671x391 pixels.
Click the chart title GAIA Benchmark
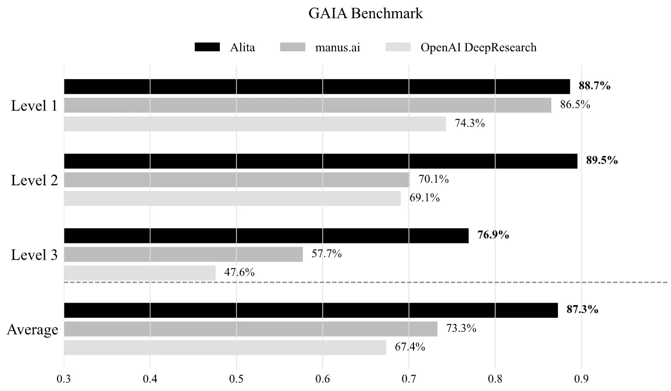click(365, 14)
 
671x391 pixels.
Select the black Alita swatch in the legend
click(207, 47)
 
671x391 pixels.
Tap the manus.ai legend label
click(338, 47)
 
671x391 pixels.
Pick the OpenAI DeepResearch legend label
click(478, 47)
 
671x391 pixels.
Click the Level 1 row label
click(34, 105)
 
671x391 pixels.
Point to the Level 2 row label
click(34, 180)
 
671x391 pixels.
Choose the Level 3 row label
click(34, 255)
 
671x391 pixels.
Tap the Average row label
click(32, 330)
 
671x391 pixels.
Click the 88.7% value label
click(594, 86)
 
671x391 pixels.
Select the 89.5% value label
click(602, 161)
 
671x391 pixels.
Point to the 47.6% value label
click(239, 272)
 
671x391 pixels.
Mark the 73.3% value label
click(461, 328)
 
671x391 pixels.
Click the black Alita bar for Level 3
click(266, 236)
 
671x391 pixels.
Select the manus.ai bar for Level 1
click(308, 105)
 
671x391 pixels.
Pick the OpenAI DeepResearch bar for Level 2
click(232, 198)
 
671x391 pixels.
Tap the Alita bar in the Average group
click(311, 310)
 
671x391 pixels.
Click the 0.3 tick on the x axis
click(64, 379)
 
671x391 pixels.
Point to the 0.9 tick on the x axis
click(581, 379)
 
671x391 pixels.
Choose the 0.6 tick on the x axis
click(322, 379)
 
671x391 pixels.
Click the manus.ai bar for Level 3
click(183, 254)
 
